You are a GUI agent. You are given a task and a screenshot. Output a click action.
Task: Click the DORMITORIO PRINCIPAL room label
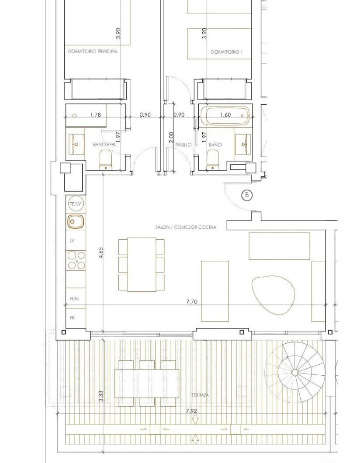point(93,52)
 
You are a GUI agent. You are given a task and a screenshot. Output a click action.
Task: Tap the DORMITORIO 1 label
point(226,52)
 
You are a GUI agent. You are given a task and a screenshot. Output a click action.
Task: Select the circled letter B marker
point(247,195)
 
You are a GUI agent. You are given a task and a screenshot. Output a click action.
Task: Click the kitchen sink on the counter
point(76,221)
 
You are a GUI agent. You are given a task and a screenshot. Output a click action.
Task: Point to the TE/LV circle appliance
point(76,204)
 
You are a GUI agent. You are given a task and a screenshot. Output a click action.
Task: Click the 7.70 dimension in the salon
point(192,301)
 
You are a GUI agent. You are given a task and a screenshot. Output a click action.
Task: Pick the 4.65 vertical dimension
point(101,253)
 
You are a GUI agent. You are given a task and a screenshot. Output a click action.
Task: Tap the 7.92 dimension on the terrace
point(191,411)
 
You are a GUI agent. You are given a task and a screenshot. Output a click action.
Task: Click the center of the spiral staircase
point(294,372)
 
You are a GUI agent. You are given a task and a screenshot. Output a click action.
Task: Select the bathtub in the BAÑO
point(225,115)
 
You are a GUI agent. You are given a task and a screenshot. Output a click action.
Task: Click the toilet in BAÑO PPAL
point(105,160)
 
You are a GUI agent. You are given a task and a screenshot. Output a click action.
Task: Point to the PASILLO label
point(183,145)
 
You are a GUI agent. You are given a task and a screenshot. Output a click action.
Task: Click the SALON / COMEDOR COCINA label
point(186,227)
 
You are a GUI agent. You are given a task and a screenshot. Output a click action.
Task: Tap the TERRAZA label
point(200,395)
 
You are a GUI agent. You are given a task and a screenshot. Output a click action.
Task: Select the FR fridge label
point(72,318)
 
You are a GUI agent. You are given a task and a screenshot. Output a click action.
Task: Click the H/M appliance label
point(74,298)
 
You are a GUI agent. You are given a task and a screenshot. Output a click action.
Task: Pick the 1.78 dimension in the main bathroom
point(95,115)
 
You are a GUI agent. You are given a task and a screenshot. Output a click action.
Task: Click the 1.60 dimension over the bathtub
point(225,114)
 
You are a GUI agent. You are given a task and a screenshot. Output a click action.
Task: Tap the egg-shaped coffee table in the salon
point(273,295)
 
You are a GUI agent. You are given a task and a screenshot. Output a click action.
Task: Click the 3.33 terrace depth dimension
point(101,396)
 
